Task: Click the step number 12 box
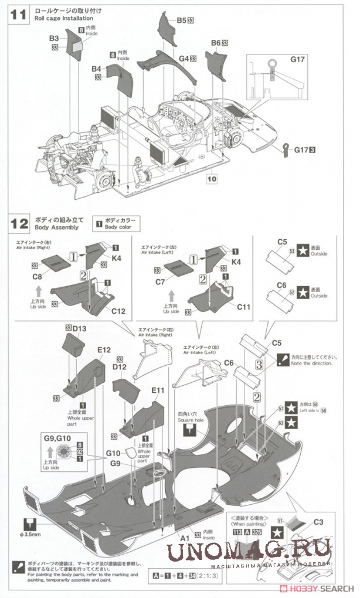click(x=19, y=223)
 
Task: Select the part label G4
click(x=184, y=59)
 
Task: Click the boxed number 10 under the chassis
click(x=212, y=178)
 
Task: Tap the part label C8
click(x=37, y=276)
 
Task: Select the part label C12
click(x=117, y=310)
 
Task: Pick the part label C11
click(x=243, y=307)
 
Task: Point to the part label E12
click(x=104, y=350)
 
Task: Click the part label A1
click(x=184, y=538)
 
